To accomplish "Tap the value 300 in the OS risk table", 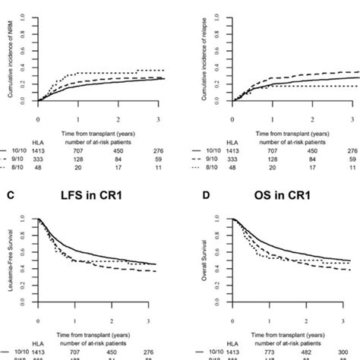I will click(354, 354).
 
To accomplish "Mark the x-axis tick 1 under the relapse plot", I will click(268, 118).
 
